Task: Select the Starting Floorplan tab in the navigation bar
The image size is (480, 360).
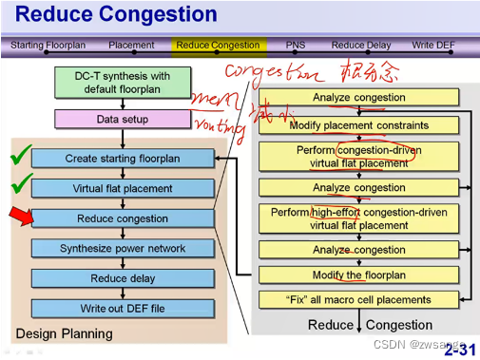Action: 48,45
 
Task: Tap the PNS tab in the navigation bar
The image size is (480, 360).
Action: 296,45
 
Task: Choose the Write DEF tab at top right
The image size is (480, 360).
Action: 441,45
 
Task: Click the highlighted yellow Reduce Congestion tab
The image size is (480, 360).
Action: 218,45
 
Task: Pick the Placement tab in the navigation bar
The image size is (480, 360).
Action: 131,45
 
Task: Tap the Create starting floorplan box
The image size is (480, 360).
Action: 122,159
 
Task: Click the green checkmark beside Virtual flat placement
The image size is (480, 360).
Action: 21,182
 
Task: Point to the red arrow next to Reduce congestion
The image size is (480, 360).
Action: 20,219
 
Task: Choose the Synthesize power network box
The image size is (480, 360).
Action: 122,248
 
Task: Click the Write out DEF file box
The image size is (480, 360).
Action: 122,308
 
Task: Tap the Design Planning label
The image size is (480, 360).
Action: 64,333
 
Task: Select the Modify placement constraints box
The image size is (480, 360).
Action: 358,125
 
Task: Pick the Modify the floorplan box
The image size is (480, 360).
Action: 358,275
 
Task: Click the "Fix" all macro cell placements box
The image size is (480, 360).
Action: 358,300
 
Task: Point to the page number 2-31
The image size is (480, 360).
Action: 459,350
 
